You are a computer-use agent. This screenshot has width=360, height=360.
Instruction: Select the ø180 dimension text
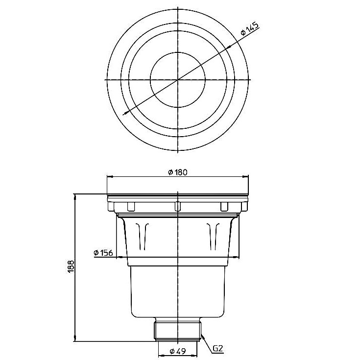tap(178, 172)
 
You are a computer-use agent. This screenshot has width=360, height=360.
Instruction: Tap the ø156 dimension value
tap(103, 253)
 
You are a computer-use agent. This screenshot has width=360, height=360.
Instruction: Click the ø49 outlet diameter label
tap(178, 351)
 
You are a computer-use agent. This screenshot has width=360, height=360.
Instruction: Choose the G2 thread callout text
tap(218, 349)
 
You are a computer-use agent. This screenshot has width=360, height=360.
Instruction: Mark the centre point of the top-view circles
tap(178, 79)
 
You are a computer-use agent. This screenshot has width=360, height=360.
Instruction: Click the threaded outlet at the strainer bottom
tap(178, 330)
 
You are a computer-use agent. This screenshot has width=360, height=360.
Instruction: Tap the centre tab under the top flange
tap(178, 205)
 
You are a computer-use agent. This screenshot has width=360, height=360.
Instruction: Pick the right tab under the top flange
tap(224, 205)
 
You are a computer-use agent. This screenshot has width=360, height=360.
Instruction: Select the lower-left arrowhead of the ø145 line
tap(124, 114)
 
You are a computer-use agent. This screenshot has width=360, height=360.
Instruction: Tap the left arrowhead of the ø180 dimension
tap(109, 177)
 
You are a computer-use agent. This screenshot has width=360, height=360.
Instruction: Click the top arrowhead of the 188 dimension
tap(75, 196)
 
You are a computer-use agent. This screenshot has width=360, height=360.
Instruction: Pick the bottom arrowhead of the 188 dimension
tap(75, 340)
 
